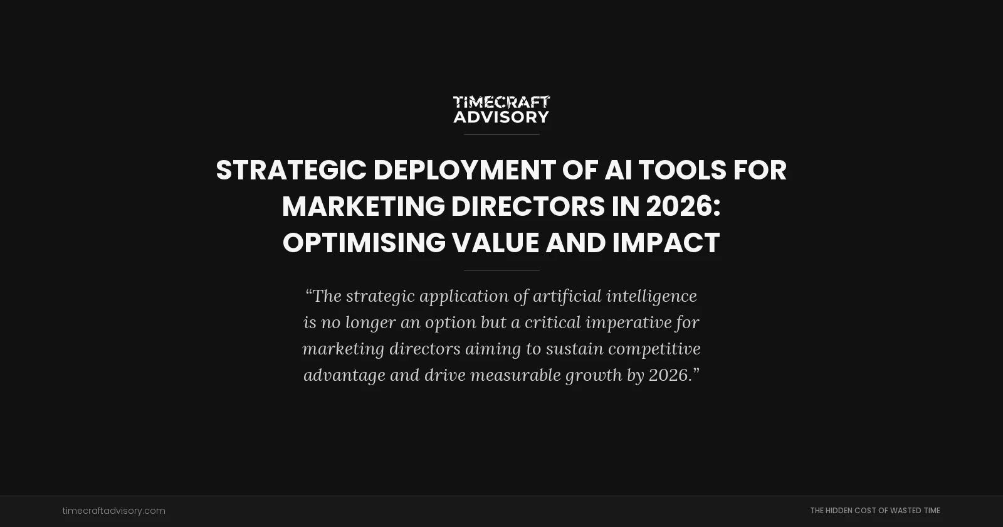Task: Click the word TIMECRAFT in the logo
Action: [501, 102]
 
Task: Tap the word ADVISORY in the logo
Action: [501, 117]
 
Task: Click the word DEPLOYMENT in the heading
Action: [465, 170]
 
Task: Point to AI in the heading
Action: [617, 170]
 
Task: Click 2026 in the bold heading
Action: [680, 206]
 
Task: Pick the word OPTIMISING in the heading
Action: [364, 243]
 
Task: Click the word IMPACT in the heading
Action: [666, 243]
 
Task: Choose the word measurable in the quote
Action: [515, 375]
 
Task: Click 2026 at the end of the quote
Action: [669, 375]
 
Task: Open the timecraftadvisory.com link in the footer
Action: [113, 511]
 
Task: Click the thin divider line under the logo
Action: [501, 134]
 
